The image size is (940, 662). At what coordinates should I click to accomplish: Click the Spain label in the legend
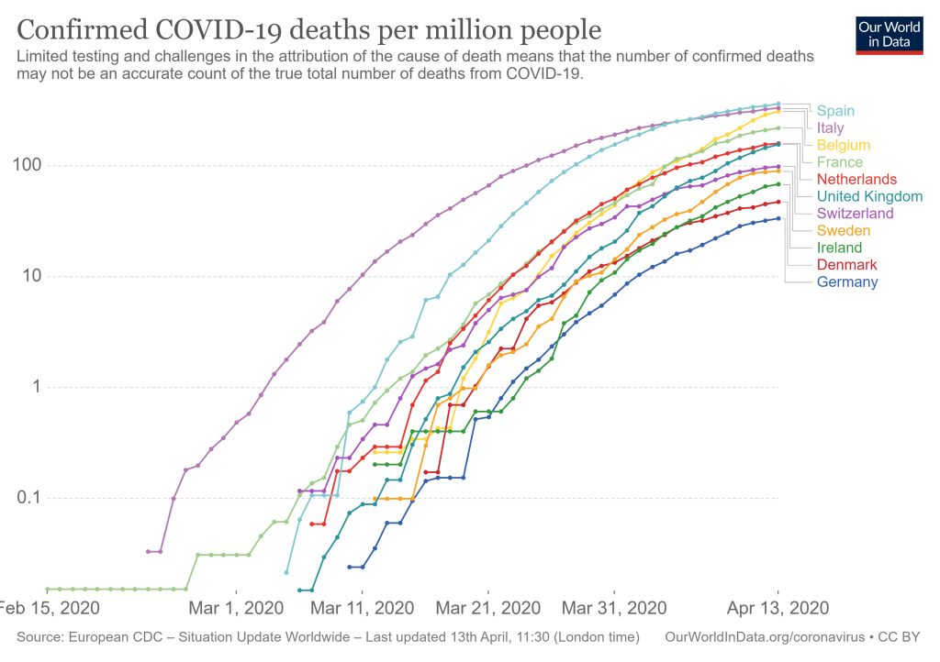click(x=835, y=111)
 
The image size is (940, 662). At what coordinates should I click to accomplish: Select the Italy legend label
click(x=830, y=128)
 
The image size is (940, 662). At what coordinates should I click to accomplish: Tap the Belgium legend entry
click(x=844, y=145)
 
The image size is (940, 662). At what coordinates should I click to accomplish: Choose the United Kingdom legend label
click(x=869, y=196)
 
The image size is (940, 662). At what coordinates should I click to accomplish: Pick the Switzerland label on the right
click(x=855, y=214)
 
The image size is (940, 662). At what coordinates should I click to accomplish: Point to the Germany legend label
click(x=847, y=282)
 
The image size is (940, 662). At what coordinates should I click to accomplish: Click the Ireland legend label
click(x=839, y=248)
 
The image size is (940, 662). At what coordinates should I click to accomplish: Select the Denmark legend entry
click(x=846, y=265)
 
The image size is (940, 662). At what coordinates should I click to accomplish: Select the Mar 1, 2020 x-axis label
click(x=237, y=608)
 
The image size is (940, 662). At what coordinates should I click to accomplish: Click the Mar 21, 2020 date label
click(x=487, y=608)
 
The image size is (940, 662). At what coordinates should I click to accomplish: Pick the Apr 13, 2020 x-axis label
click(x=779, y=608)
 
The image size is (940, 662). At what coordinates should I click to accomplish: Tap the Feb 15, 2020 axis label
click(x=48, y=608)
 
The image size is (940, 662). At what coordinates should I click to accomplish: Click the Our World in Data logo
click(x=889, y=34)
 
